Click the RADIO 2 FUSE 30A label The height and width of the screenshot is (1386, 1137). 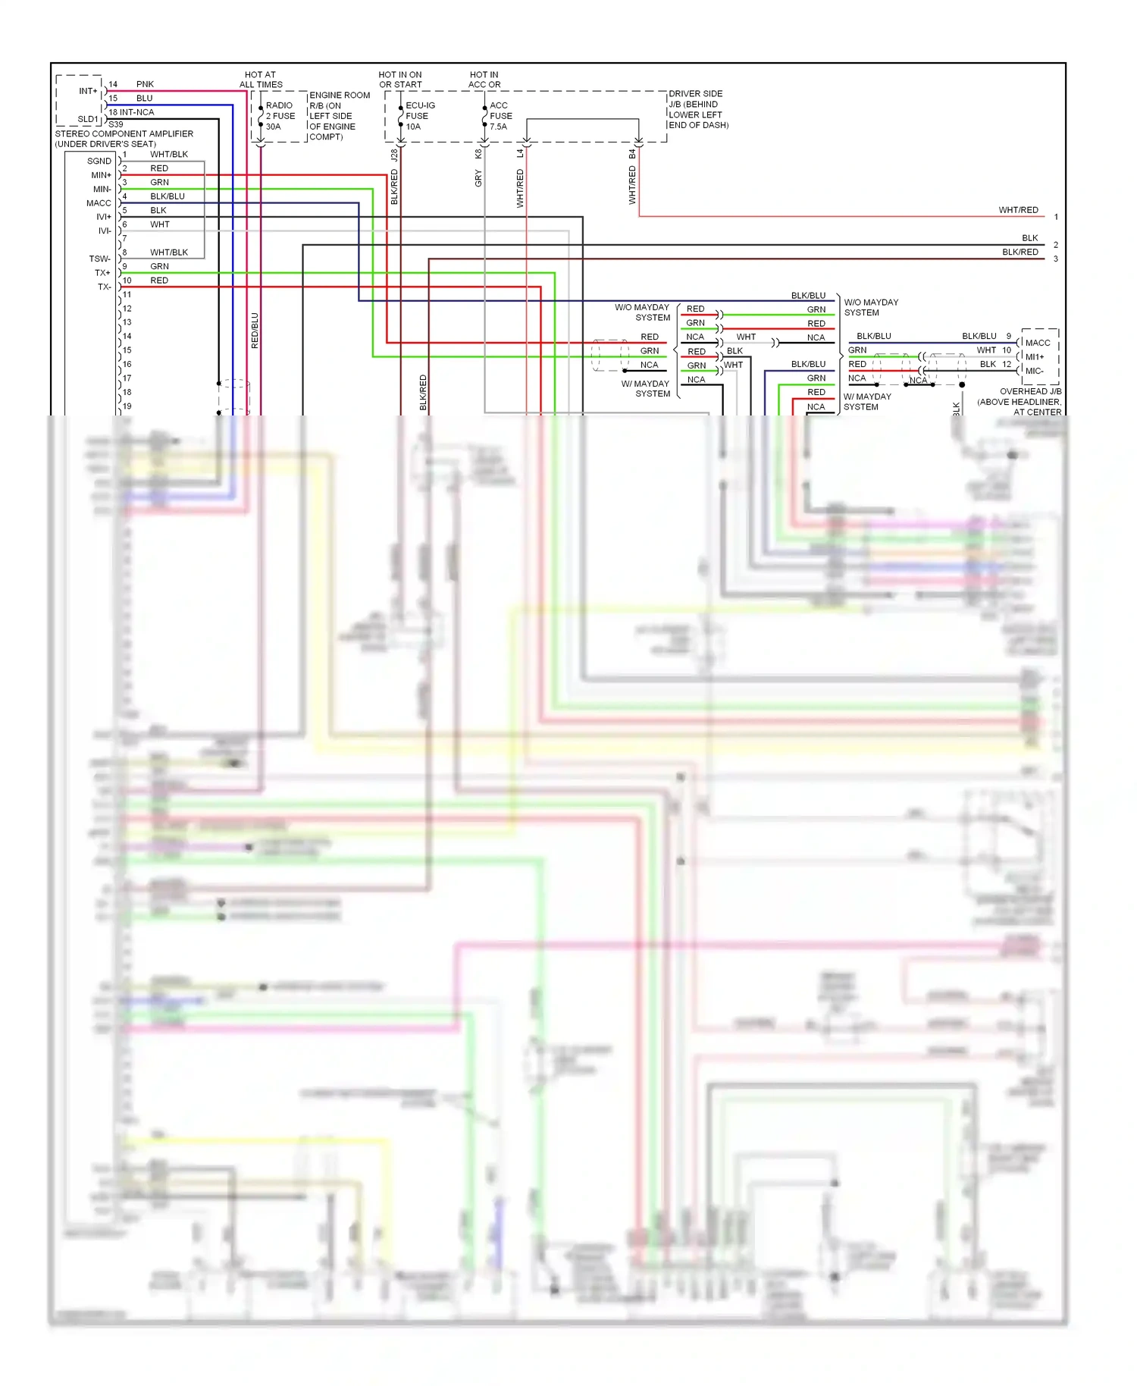(x=280, y=116)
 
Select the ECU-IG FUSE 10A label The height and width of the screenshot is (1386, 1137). (x=419, y=116)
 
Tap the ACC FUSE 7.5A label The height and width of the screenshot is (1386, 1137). (x=500, y=116)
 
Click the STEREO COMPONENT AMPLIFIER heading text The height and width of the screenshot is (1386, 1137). (x=124, y=133)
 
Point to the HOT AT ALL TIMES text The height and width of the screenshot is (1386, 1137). (x=261, y=80)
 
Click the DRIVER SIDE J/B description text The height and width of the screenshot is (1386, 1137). (x=697, y=109)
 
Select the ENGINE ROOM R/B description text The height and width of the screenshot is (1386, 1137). (x=338, y=116)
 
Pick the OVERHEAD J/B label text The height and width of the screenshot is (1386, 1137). (x=1029, y=392)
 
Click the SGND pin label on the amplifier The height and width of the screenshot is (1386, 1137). (x=99, y=161)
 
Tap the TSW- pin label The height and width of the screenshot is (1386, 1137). (x=100, y=259)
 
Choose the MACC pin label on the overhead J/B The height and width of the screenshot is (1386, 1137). (x=1037, y=343)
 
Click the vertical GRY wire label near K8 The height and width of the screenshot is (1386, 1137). (x=478, y=179)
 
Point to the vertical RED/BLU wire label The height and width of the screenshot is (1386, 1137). (x=255, y=331)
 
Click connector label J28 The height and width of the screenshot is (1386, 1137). (x=394, y=155)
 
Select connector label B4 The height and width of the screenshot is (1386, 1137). (x=632, y=154)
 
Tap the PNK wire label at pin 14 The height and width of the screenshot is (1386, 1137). (x=145, y=84)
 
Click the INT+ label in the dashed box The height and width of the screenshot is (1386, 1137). (x=88, y=91)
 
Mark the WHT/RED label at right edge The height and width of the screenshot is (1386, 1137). (x=1018, y=210)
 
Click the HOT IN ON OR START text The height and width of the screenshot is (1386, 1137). (x=400, y=80)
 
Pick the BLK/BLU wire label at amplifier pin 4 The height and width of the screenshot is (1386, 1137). (x=167, y=196)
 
